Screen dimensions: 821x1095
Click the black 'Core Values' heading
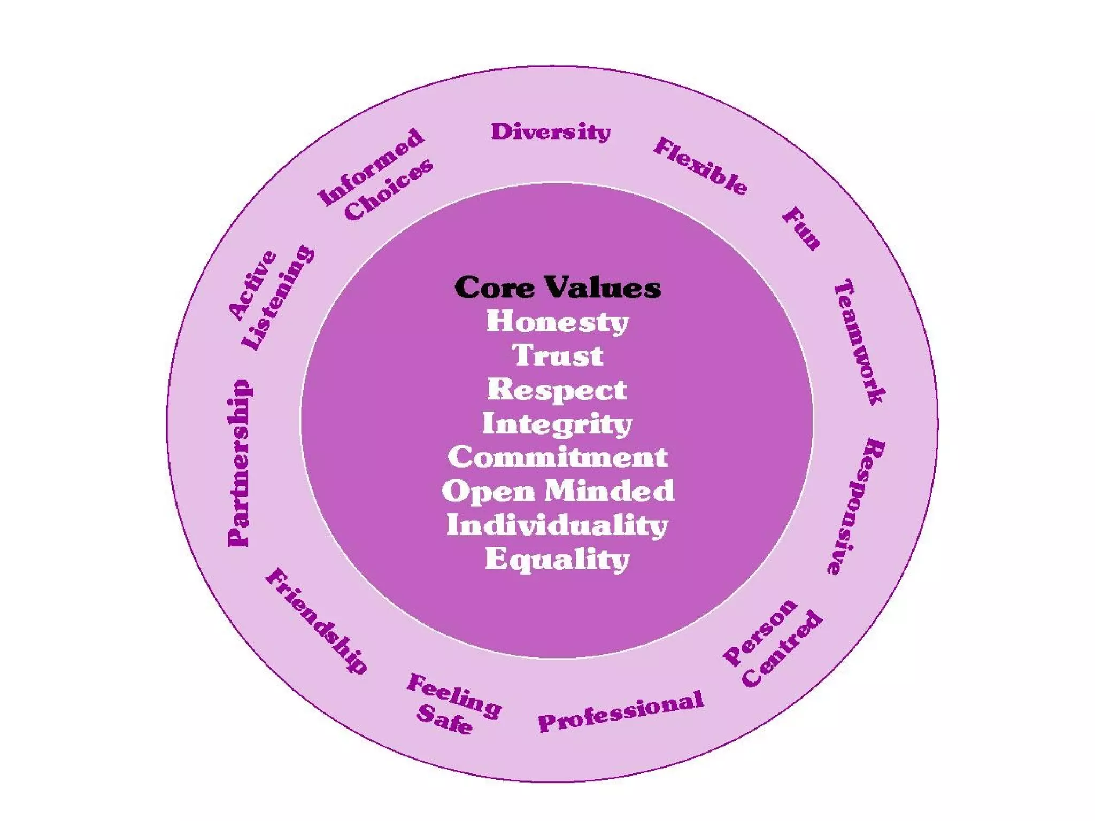(557, 288)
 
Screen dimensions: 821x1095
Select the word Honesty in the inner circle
(557, 322)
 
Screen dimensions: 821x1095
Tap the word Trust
(558, 355)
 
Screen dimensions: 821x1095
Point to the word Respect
(557, 390)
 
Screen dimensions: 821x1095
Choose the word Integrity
(557, 424)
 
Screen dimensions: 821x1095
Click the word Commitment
(558, 458)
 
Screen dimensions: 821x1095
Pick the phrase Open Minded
(558, 491)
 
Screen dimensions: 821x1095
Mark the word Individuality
(558, 525)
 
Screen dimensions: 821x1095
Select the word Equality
(558, 559)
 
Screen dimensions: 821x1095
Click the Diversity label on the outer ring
(551, 132)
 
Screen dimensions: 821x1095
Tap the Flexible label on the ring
(700, 166)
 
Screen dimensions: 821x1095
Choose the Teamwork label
(860, 342)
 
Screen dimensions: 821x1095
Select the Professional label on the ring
(621, 711)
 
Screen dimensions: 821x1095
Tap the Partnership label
(238, 463)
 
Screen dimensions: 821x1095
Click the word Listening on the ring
(278, 297)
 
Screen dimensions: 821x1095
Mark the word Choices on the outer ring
(389, 189)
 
